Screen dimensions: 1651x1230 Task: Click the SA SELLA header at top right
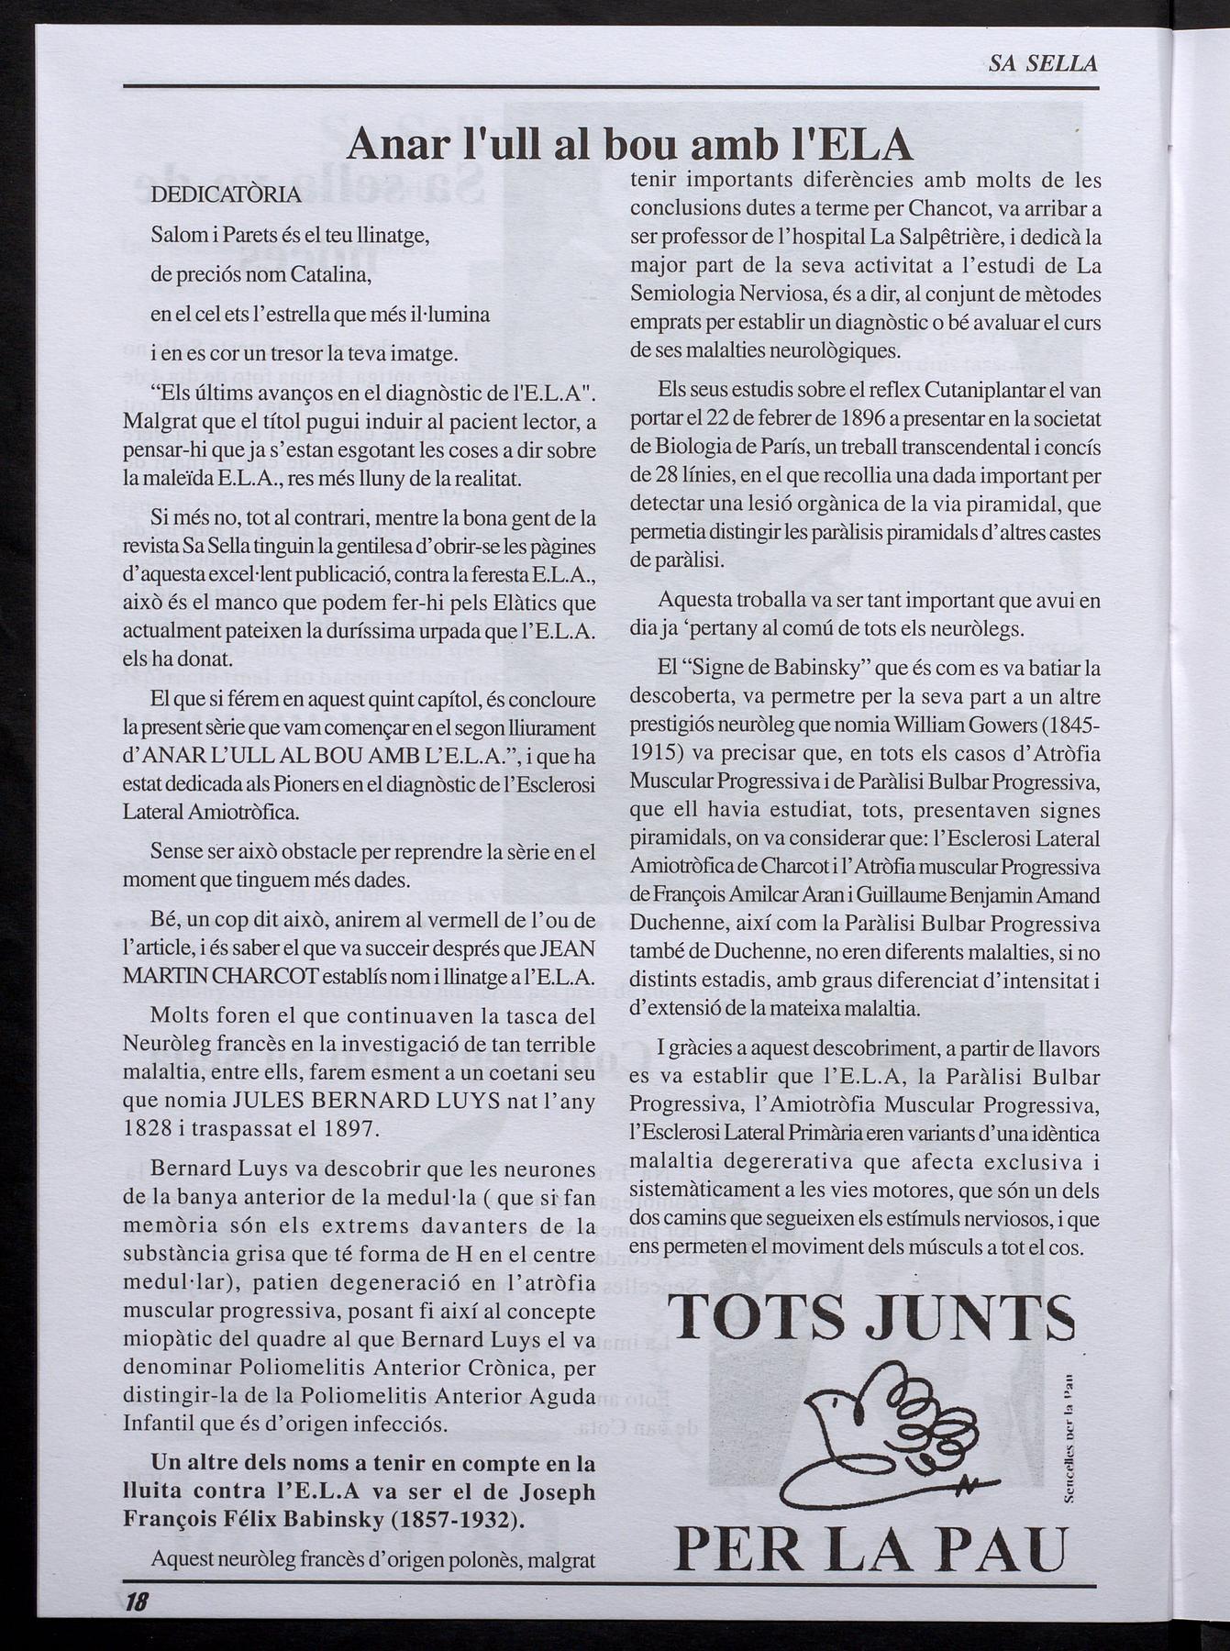1043,63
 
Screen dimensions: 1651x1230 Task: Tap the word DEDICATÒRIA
225,195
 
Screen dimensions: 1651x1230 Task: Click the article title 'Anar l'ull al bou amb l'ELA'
630,145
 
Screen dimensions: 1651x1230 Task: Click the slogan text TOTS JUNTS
871,1321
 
